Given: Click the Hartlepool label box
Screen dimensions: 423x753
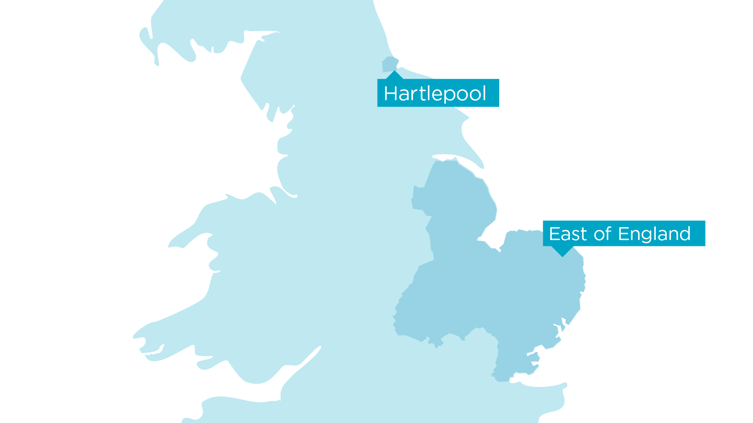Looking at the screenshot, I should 438,93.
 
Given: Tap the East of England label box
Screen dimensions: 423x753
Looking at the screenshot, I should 624,233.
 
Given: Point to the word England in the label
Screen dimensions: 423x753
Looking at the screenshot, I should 654,234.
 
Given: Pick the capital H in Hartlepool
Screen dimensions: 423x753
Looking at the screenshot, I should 391,94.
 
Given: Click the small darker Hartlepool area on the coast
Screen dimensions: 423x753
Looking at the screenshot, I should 389,64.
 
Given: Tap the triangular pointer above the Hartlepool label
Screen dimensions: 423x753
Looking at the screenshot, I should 394,75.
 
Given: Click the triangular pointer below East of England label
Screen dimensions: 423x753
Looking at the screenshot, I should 562,251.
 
